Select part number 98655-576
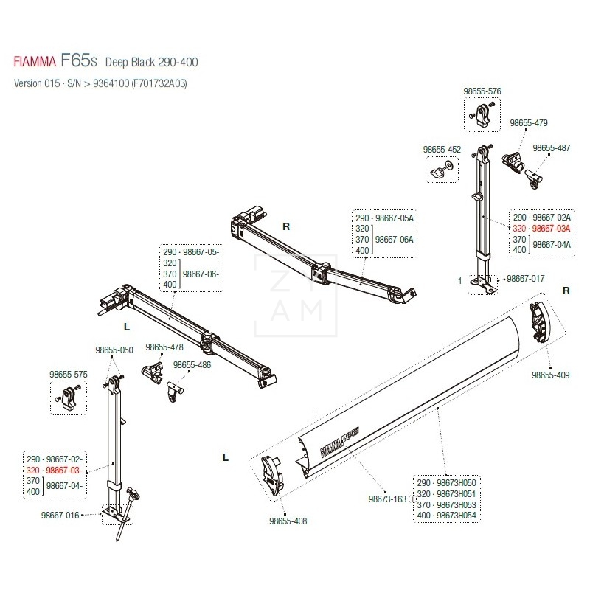(x=482, y=91)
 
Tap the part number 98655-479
(x=529, y=123)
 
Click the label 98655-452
(x=442, y=150)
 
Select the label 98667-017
(x=525, y=280)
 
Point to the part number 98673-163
(x=387, y=499)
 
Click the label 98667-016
(x=60, y=516)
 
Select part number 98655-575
(x=69, y=375)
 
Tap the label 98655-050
(x=114, y=350)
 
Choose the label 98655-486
(x=192, y=365)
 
